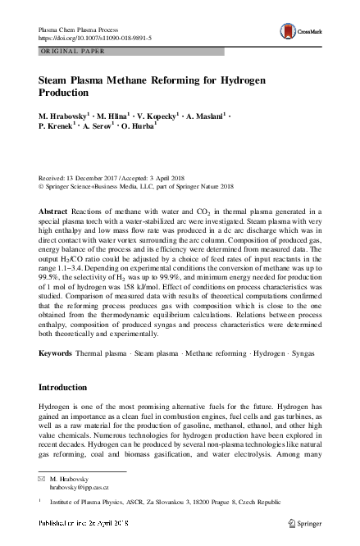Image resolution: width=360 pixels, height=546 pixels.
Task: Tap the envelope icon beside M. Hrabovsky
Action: coord(43,479)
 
